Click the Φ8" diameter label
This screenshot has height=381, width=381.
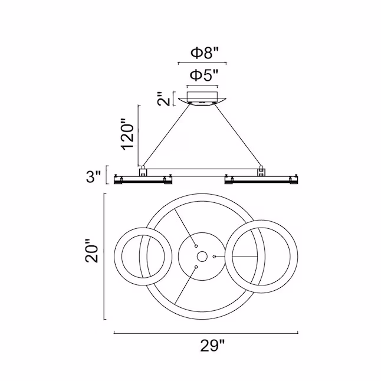pos(205,53)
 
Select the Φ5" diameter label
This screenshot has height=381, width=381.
pos(204,75)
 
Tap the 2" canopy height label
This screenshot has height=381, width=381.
pos(163,98)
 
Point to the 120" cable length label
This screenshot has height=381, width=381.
pos(128,134)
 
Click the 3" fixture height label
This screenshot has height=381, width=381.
pos(93,176)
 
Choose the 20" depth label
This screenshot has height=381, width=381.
pos(91,251)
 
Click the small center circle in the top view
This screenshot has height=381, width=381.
pos(202,257)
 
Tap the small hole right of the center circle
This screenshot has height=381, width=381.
pos(214,257)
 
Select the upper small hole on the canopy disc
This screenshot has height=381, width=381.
pos(196,246)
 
